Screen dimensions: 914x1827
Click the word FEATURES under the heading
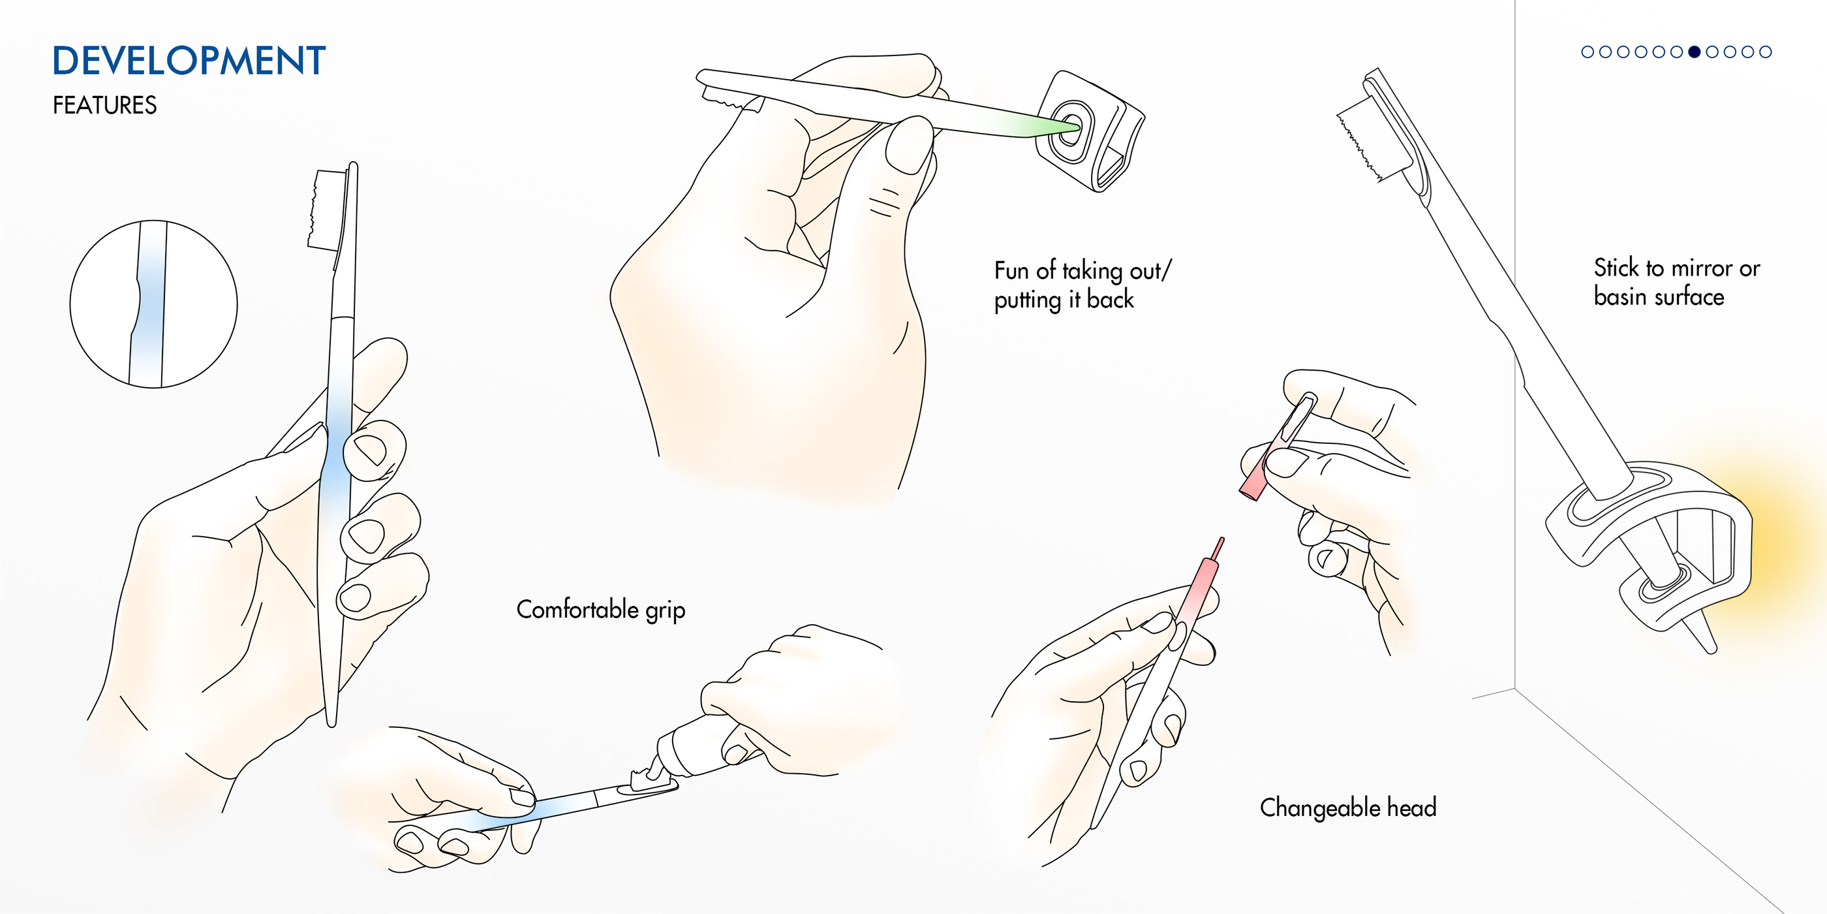click(104, 105)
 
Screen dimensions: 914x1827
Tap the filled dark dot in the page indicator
click(1695, 52)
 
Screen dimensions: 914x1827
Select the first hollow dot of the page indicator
click(1588, 52)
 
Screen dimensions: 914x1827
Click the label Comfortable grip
click(600, 610)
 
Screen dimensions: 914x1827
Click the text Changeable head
click(1347, 808)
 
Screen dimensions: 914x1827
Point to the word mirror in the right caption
click(1702, 268)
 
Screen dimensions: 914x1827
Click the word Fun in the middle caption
click(1011, 270)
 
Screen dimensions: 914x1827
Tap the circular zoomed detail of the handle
click(153, 304)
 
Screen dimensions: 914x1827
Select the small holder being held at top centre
click(1088, 131)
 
